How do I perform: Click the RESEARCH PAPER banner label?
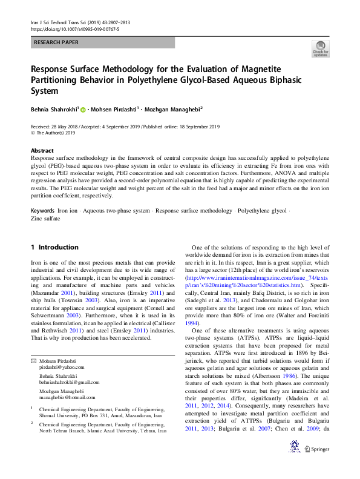tap(56, 42)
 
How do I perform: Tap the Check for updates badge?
tap(320, 49)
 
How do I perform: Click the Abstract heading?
tap(42, 150)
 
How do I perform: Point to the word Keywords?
tap(42, 210)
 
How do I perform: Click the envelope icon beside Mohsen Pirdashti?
tap(33, 360)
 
